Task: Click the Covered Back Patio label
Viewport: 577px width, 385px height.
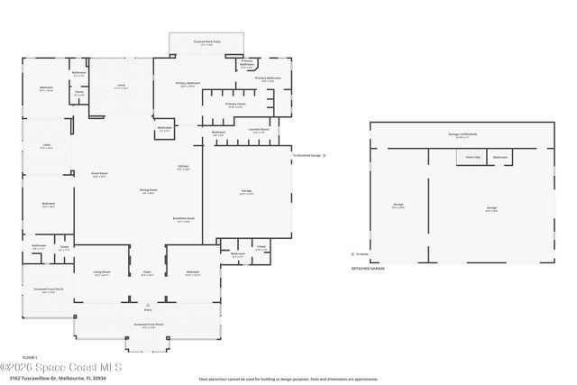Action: (206, 42)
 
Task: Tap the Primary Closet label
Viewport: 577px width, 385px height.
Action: (235, 105)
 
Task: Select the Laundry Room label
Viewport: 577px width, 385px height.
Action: (260, 130)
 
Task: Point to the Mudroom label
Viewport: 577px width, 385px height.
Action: (218, 132)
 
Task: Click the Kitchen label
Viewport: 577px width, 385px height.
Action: (183, 168)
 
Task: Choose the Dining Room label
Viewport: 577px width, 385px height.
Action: (148, 191)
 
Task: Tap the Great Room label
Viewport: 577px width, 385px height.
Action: (99, 175)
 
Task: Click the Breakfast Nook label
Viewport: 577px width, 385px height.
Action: (183, 219)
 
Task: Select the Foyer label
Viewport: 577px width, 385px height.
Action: (147, 272)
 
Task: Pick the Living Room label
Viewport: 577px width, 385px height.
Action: (103, 272)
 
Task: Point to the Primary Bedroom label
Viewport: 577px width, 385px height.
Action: (188, 84)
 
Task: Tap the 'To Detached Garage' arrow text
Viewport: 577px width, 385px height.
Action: (307, 155)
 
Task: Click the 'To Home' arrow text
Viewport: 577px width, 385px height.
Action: (361, 254)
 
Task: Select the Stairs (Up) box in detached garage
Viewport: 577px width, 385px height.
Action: (472, 157)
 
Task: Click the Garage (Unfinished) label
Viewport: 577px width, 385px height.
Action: (463, 135)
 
